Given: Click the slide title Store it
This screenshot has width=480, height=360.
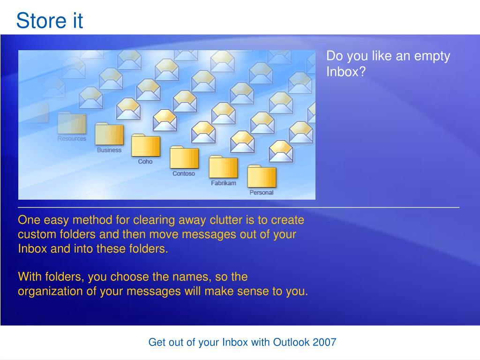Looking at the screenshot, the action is (50, 21).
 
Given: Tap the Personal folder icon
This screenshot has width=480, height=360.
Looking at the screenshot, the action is (262, 176).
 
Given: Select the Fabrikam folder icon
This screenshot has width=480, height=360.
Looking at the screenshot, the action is (223, 167).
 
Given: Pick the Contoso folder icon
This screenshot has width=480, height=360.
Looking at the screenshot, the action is (184, 157).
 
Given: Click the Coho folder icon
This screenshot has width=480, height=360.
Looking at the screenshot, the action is (146, 145).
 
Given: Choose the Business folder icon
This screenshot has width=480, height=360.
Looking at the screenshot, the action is (109, 134).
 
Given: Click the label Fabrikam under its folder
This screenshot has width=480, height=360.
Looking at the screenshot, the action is (224, 183).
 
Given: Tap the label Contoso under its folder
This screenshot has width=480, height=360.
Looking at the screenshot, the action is (184, 173).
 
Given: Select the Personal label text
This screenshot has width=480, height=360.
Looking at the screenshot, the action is (262, 193).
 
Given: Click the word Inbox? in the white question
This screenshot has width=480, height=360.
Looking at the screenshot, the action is (346, 72).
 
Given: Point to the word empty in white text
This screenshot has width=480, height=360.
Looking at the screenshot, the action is (432, 57).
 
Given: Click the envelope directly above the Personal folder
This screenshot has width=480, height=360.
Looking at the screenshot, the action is (281, 151).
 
